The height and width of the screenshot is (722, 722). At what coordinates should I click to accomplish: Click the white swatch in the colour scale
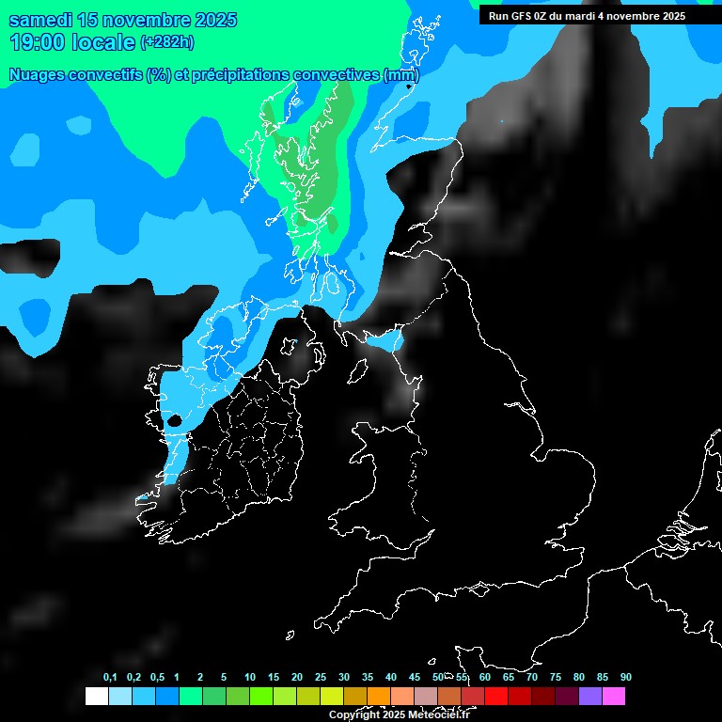96,696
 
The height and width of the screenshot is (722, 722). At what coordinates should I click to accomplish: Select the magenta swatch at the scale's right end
614,696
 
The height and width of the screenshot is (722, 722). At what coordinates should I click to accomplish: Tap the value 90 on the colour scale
626,677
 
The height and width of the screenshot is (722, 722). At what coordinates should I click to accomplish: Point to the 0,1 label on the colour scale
110,677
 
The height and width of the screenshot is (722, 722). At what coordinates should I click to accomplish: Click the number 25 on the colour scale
321,677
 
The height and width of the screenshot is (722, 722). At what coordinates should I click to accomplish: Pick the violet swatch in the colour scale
590,696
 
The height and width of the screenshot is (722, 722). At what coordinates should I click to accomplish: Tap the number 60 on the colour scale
485,677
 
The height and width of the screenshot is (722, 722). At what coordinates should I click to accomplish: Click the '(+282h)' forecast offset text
167,41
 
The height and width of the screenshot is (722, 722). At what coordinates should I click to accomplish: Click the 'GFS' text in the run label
525,15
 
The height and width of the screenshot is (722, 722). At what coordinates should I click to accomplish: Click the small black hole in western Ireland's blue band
174,420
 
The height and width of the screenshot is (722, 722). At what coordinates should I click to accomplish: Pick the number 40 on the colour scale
391,677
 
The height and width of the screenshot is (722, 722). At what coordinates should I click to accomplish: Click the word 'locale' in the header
102,41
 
